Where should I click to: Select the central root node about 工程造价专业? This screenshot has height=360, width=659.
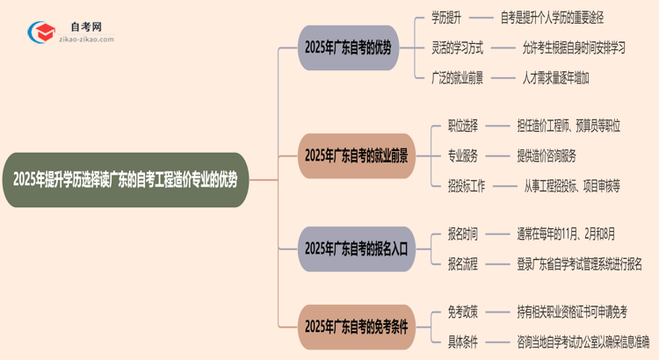pos(125,179)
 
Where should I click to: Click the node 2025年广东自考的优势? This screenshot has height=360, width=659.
pos(349,47)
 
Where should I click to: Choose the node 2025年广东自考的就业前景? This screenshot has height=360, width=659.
pos(356,155)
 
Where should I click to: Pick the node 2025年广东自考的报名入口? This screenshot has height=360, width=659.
pos(355,248)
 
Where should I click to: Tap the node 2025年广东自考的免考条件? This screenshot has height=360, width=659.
pos(356,326)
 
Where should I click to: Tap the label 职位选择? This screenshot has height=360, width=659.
pos(463,126)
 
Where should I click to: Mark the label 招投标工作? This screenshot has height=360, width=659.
pos(467,185)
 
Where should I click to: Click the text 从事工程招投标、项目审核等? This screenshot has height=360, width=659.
pos(572,185)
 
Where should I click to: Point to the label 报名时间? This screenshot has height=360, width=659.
pos(463,234)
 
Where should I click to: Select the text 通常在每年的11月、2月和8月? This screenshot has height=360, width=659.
pos(566,234)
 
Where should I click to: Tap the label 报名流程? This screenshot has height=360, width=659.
pos(463,263)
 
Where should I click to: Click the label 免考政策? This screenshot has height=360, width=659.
pos(463,311)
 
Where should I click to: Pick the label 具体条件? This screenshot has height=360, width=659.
pos(463,341)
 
